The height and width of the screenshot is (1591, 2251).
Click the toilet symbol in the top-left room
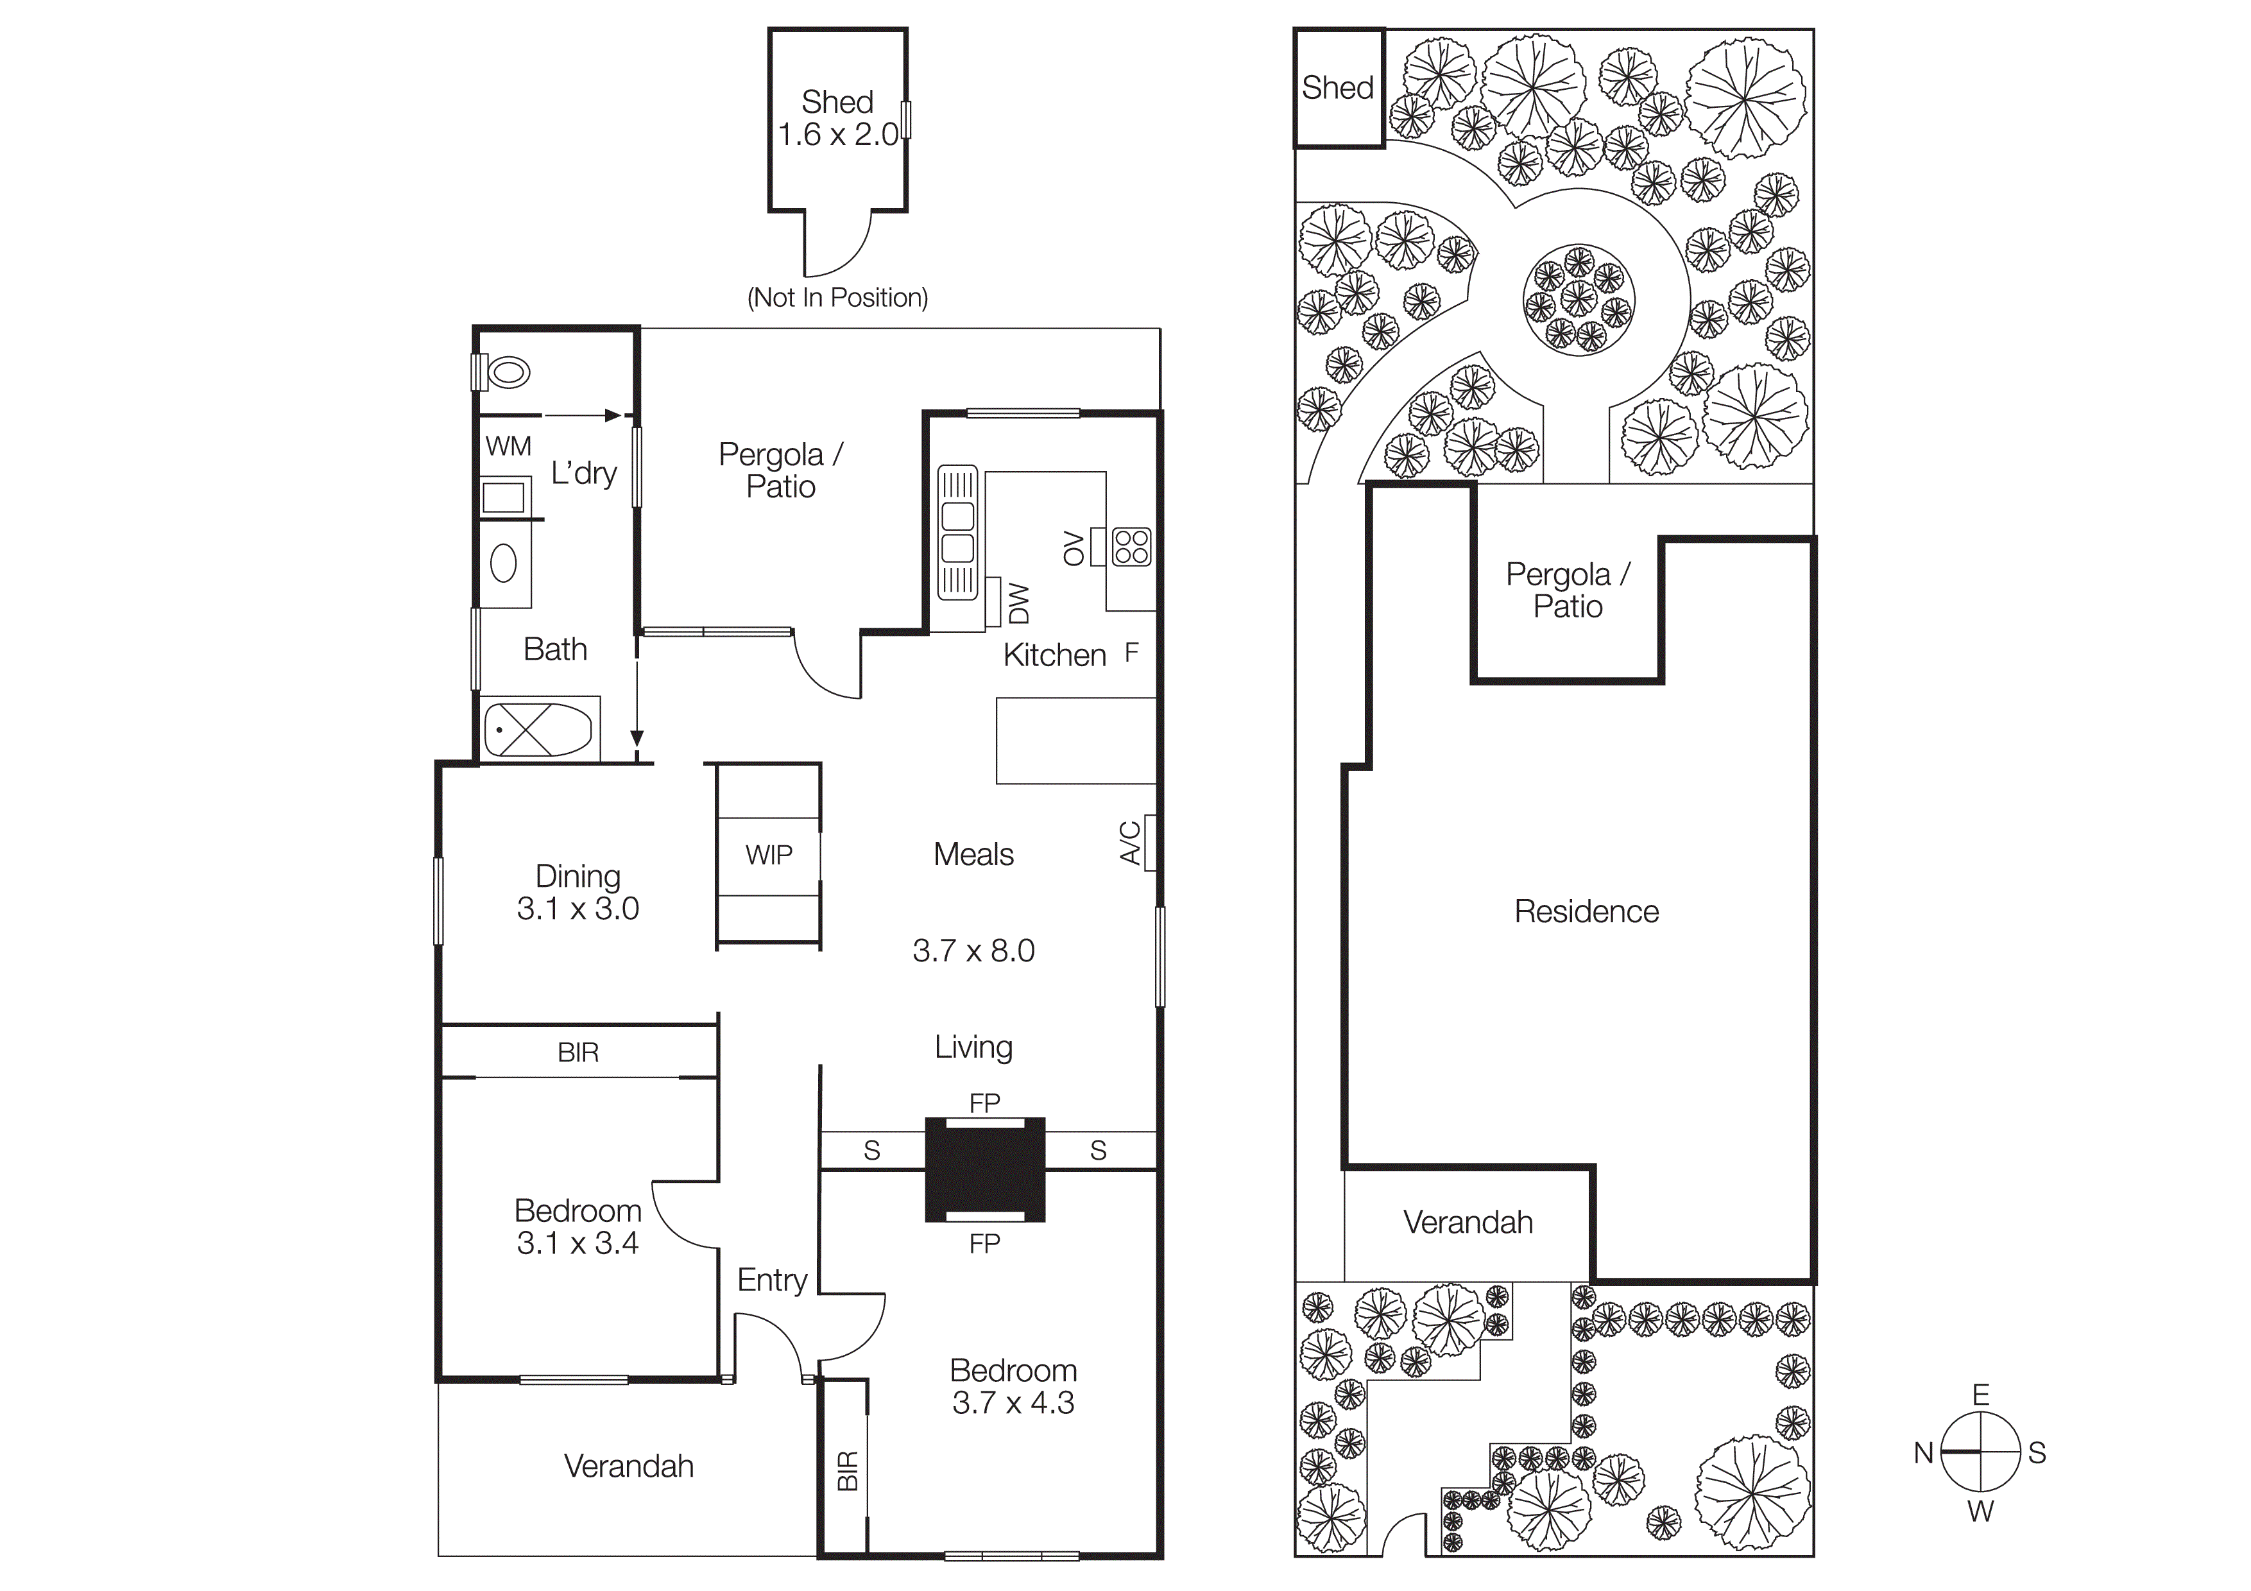tap(508, 372)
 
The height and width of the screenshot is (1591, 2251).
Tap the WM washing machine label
tap(508, 447)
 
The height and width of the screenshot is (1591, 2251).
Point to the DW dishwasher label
tap(1020, 603)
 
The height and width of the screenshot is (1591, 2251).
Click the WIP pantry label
tap(769, 855)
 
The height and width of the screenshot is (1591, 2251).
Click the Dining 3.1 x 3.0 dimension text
tap(578, 909)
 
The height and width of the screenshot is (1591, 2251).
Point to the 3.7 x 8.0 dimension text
tap(973, 951)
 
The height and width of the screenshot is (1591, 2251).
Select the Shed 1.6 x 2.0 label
tap(837, 117)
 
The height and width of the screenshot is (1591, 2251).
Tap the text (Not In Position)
tap(837, 298)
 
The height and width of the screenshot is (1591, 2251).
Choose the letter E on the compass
tap(1980, 1395)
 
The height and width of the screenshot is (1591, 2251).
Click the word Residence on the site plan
tap(1586, 911)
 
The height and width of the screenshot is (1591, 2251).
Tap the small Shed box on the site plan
tap(1339, 88)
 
